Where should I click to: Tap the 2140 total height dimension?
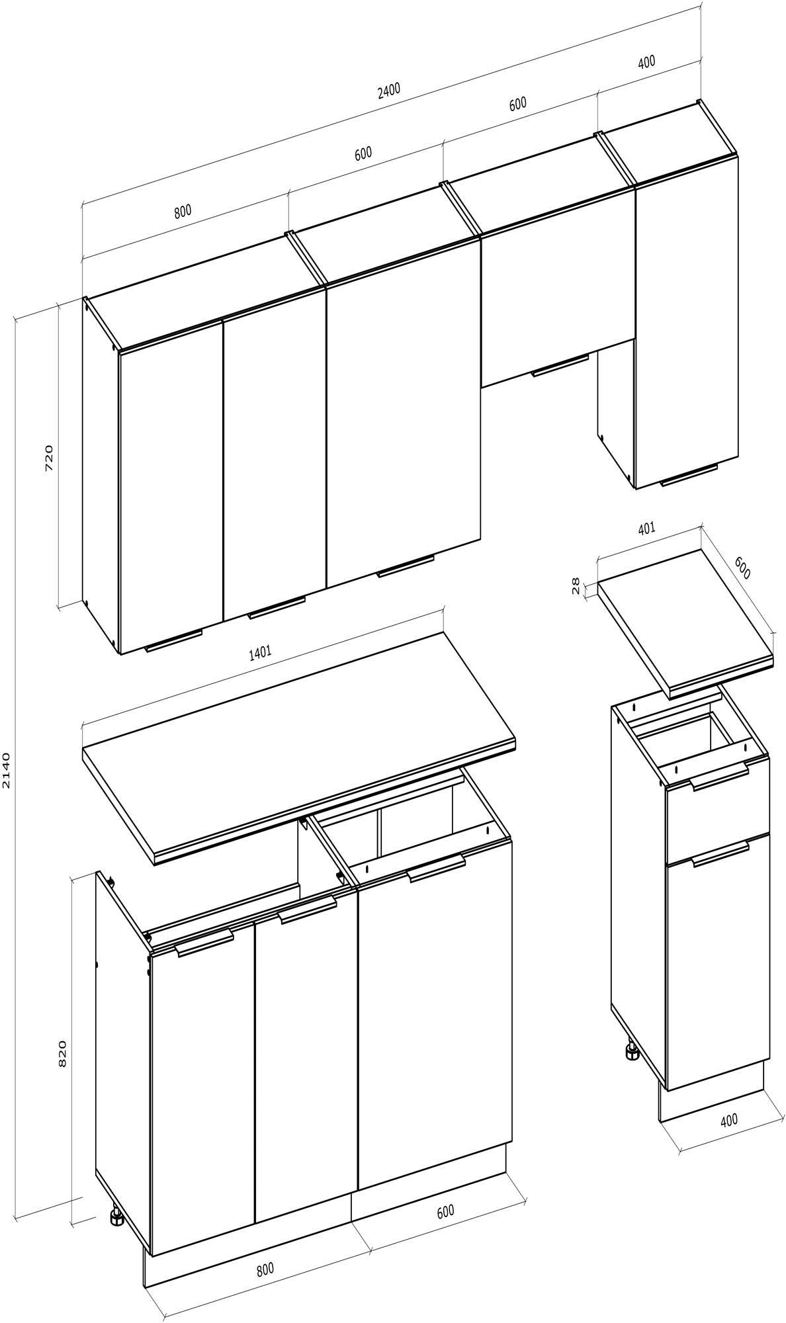(7, 770)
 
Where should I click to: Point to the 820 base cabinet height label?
(63, 1054)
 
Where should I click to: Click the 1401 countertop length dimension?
(259, 654)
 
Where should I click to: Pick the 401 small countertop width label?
(646, 528)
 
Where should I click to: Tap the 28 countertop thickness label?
(575, 585)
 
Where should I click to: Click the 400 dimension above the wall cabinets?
(646, 62)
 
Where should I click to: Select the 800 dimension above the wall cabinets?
(182, 212)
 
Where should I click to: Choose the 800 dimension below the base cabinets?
(264, 1269)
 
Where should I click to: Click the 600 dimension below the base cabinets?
(445, 1211)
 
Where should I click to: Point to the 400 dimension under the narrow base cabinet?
(728, 1120)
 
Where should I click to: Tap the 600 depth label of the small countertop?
(742, 568)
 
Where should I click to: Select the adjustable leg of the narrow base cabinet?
(630, 1050)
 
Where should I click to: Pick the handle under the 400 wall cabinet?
(689, 474)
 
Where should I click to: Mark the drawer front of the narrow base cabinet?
(718, 812)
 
